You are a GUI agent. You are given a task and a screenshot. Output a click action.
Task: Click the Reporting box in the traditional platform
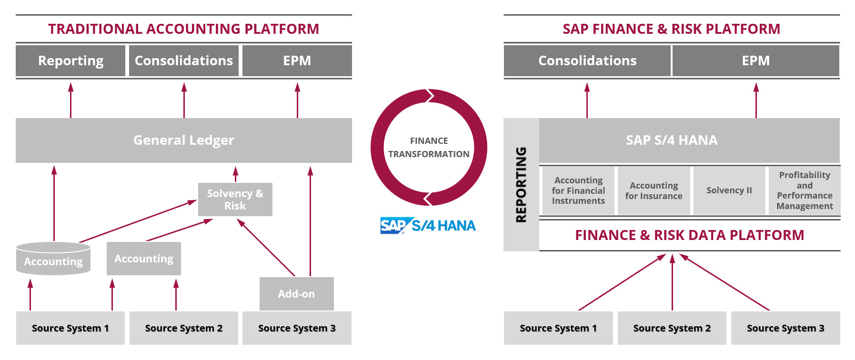tap(70, 60)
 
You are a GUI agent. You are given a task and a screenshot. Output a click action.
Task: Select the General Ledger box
tap(184, 140)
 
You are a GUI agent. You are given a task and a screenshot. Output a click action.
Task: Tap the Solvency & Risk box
tap(235, 200)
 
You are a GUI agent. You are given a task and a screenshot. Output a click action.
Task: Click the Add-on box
tap(296, 294)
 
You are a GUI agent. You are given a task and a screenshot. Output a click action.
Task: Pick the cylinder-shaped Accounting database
tap(53, 259)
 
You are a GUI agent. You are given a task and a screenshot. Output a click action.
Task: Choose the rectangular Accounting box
tap(144, 259)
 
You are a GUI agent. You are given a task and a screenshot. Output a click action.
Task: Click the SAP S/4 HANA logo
tap(428, 225)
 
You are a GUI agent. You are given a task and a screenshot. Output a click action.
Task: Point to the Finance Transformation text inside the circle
tap(429, 147)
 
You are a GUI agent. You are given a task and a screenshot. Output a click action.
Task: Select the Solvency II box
tap(729, 190)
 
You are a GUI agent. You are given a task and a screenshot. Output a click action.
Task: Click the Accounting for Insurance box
tap(654, 190)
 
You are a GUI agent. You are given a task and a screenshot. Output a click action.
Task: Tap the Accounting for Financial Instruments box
tap(578, 190)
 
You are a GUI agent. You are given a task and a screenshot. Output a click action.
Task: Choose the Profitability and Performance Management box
tap(805, 190)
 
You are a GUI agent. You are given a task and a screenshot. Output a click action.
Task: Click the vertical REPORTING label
tap(521, 184)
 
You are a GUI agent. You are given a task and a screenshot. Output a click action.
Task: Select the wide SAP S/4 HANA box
tap(689, 140)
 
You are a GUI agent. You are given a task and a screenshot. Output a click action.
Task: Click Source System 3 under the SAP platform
tap(785, 328)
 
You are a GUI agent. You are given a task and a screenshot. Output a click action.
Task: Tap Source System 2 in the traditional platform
tap(184, 328)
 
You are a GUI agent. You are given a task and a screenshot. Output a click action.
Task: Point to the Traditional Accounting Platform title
tap(184, 29)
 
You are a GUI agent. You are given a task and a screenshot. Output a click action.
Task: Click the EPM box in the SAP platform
tap(756, 60)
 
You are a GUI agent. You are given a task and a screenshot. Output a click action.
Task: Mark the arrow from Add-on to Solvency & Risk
tap(266, 247)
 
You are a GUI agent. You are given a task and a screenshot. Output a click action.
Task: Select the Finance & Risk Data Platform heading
tap(689, 235)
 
